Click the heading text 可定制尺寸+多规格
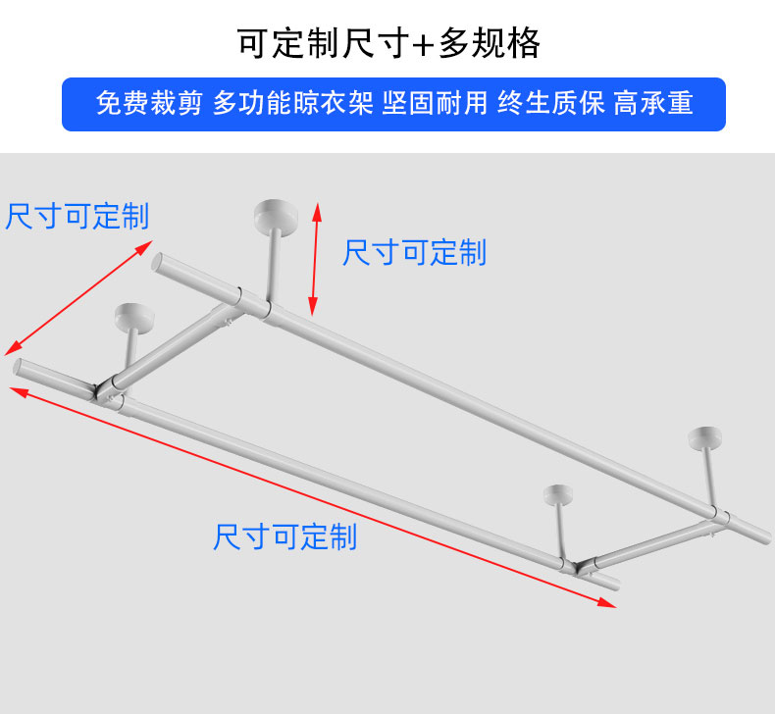click(387, 43)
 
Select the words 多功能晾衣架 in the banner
click(292, 104)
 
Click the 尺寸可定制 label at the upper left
click(77, 217)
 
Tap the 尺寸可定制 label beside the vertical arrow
click(414, 253)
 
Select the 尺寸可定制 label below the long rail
click(284, 536)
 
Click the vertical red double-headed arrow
click(315, 259)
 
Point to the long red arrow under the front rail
click(314, 497)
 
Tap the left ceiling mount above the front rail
click(133, 317)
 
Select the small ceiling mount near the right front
click(556, 491)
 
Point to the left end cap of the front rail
click(18, 369)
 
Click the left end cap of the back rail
click(156, 262)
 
